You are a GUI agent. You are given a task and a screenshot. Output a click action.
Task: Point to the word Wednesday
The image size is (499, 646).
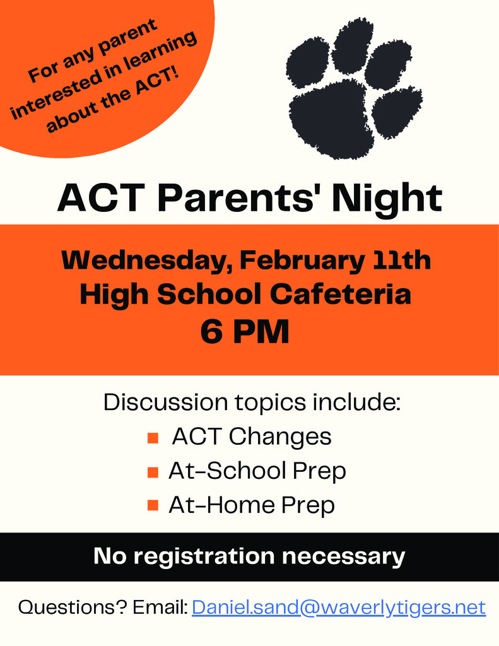pos(143,260)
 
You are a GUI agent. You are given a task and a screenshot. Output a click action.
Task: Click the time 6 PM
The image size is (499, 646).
pos(245,332)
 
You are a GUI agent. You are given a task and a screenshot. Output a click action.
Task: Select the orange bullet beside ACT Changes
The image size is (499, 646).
pos(152,438)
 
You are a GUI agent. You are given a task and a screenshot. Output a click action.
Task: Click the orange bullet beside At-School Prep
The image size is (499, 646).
pos(152,472)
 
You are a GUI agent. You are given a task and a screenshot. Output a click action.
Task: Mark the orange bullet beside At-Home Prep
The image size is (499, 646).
pos(152,505)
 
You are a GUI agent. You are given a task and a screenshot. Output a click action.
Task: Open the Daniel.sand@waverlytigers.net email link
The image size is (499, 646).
pos(339,608)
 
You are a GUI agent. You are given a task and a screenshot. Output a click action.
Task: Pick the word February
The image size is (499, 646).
pos(302,260)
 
